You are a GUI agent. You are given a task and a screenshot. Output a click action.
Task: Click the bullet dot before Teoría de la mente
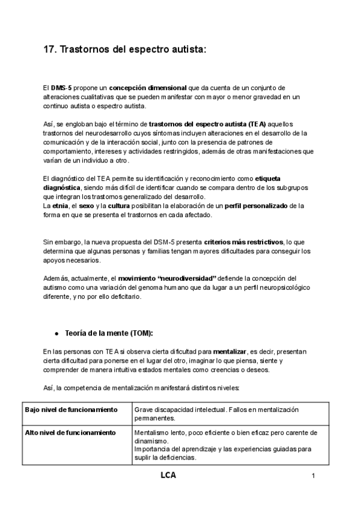[x=56, y=333]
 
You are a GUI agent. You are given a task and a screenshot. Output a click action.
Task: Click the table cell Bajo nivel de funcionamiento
[x=71, y=409]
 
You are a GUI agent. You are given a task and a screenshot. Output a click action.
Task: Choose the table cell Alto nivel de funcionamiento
[x=70, y=432]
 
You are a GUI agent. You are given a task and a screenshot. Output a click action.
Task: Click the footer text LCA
[x=169, y=475]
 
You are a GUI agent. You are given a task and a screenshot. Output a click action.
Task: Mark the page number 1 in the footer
[x=314, y=476]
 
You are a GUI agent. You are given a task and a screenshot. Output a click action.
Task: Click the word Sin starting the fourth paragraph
[x=49, y=241]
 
